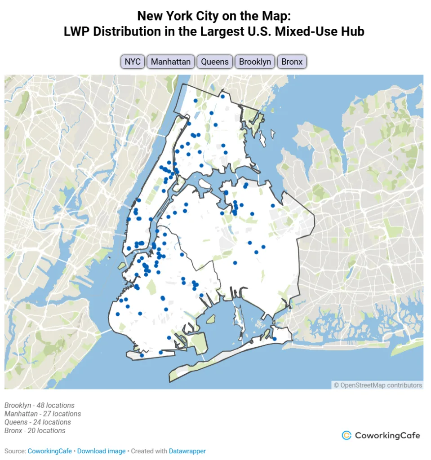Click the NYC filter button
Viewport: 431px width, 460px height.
tap(133, 62)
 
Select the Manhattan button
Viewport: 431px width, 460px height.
tap(171, 62)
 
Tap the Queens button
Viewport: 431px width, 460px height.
tap(215, 62)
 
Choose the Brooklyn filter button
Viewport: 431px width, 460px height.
tap(255, 62)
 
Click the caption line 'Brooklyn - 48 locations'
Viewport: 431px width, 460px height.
tap(40, 405)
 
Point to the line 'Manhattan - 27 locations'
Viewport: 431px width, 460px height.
tap(43, 414)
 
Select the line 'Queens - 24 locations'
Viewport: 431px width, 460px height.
tap(38, 422)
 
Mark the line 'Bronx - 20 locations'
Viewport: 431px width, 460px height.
tap(35, 431)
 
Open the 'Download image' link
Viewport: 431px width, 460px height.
tap(101, 451)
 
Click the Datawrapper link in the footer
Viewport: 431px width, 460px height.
tap(187, 451)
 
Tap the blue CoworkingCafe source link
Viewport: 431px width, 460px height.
tap(49, 451)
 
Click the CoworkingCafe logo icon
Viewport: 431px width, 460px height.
tap(347, 435)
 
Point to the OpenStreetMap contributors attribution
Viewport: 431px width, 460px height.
tap(378, 385)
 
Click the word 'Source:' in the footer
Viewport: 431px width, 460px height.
tap(15, 451)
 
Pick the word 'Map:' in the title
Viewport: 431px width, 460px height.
tap(278, 16)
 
